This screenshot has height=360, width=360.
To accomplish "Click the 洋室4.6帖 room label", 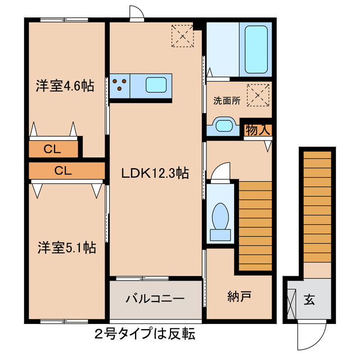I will coord(66,86).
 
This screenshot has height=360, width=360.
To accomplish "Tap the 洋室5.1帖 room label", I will coord(66,247).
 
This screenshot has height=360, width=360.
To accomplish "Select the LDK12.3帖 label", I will coord(155,174).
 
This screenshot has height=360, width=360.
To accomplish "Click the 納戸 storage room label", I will coord(239,296).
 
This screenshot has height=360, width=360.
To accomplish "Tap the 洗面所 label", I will coord(227,101).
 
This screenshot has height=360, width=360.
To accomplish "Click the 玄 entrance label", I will coord(310,299).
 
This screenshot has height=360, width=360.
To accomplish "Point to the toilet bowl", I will coord(220,215).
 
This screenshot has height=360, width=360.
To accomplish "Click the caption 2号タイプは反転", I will coord(145,334).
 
